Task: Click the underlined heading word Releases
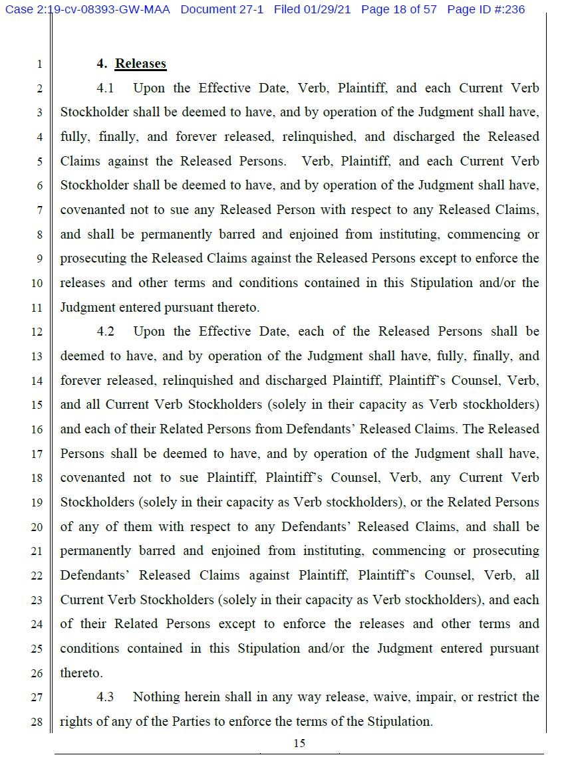(x=140, y=64)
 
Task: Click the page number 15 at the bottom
(x=299, y=743)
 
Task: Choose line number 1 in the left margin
(x=39, y=64)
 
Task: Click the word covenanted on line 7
(x=92, y=210)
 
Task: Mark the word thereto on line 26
(x=81, y=673)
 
